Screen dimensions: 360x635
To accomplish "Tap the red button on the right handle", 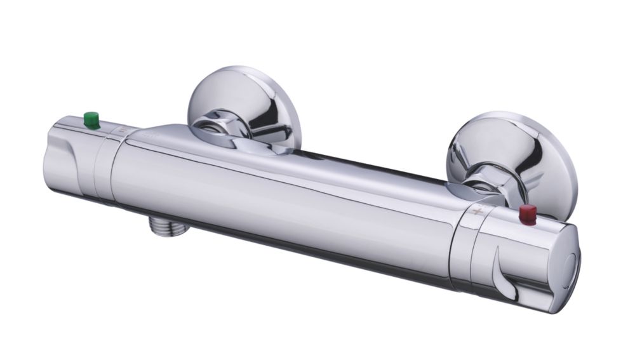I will pos(527,215).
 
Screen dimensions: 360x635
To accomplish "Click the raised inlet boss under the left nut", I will pos(254,145).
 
